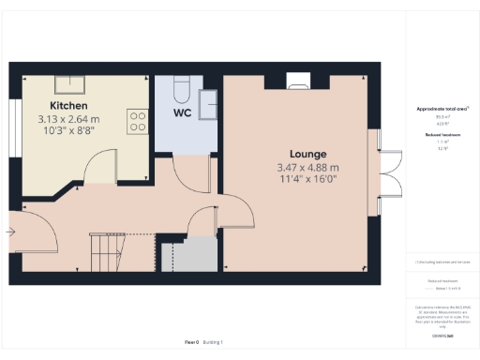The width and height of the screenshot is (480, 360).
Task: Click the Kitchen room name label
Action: click(69, 107)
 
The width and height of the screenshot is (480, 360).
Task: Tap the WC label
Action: click(185, 113)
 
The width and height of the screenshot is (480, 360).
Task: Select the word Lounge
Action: click(307, 154)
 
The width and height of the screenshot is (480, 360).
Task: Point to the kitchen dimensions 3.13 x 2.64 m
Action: click(69, 120)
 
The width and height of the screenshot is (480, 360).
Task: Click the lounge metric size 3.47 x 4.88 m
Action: click(307, 168)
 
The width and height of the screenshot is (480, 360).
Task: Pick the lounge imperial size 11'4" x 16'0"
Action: click(307, 180)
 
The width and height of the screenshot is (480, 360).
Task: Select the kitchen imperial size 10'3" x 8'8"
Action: click(69, 132)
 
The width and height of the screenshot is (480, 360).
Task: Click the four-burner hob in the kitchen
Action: click(138, 122)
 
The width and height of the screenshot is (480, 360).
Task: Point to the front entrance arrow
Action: click(11, 230)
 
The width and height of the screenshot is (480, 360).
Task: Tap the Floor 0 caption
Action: click(191, 344)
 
